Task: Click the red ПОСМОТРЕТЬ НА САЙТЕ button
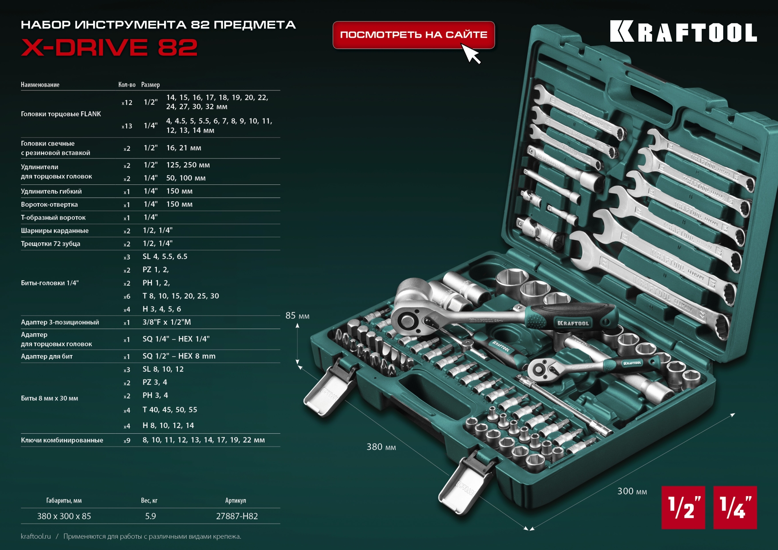click(x=413, y=35)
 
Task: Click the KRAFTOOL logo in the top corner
click(x=683, y=32)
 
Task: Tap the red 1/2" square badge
click(x=683, y=507)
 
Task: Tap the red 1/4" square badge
click(x=735, y=507)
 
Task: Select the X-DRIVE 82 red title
click(x=109, y=48)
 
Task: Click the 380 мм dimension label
click(x=381, y=447)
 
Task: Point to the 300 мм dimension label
click(x=632, y=491)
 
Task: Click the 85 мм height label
click(x=297, y=316)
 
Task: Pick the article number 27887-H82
click(x=237, y=516)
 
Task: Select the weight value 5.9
click(x=150, y=516)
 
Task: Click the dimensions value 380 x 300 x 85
click(x=64, y=516)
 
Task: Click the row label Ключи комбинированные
click(x=62, y=440)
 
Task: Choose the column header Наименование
click(x=40, y=85)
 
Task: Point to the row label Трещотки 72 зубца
click(x=51, y=244)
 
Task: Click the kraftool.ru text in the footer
click(x=36, y=536)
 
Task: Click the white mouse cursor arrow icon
click(x=470, y=54)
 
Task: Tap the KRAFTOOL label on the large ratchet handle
click(x=573, y=323)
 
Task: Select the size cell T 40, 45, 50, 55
click(x=170, y=410)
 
